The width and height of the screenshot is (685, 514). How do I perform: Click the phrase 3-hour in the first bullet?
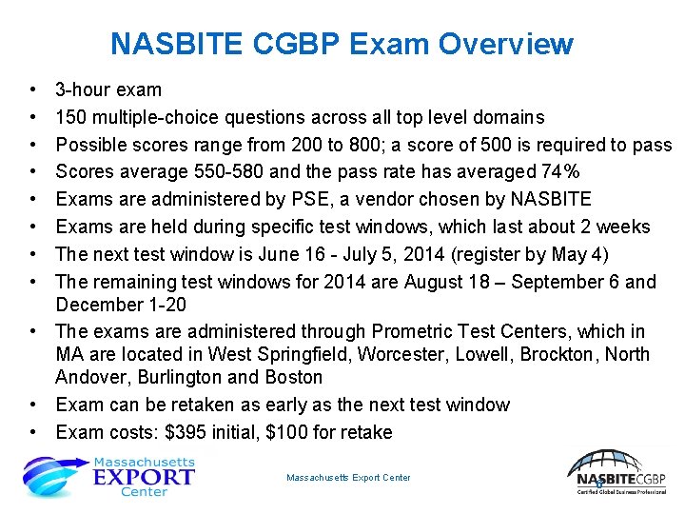pos(83,90)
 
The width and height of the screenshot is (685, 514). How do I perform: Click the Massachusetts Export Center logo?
pos(109,476)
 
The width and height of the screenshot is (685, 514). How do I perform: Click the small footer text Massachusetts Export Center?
pos(348,478)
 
